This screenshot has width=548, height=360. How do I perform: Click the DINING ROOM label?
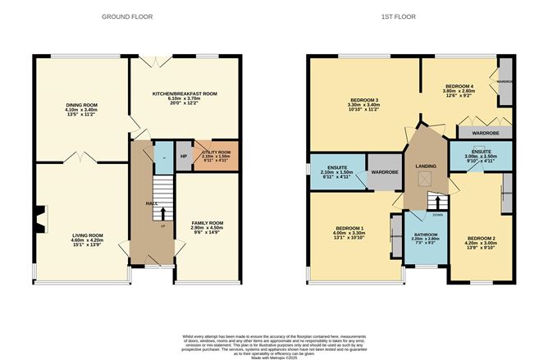[82, 105]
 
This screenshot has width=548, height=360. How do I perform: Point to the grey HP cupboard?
[183, 157]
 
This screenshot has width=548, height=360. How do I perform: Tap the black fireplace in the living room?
[36, 218]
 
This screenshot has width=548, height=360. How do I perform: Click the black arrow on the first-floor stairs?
[437, 201]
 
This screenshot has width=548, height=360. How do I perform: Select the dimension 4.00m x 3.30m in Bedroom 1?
[349, 234]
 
